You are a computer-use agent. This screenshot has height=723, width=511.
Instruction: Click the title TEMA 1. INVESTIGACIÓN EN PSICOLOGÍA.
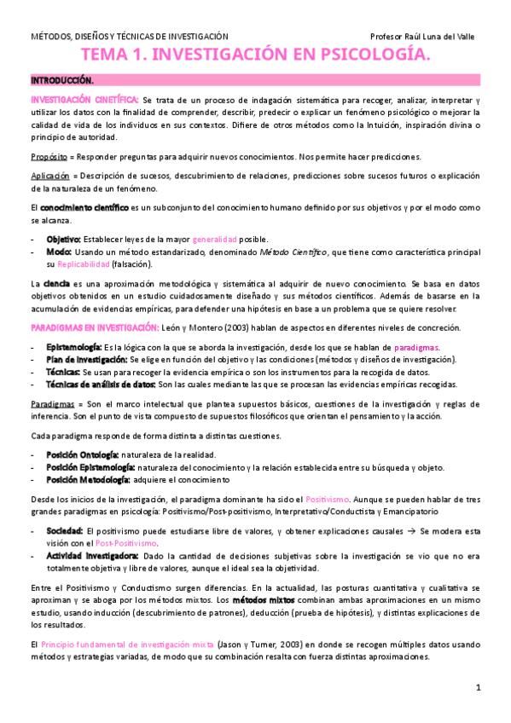[x=255, y=56]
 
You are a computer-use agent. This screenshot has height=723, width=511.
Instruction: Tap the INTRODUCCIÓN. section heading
[x=62, y=80]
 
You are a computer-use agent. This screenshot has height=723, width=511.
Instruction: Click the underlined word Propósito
[x=49, y=156]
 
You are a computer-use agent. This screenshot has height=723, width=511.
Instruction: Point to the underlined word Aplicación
[x=50, y=175]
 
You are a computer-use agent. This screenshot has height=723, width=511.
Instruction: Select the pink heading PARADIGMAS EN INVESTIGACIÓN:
[x=94, y=327]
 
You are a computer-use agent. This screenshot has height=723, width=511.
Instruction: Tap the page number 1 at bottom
[x=479, y=687]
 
